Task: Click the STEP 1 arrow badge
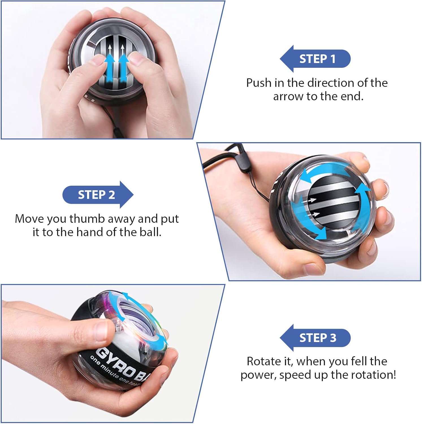(x=315, y=59)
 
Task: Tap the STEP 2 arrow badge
(x=98, y=195)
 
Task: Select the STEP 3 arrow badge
(x=315, y=338)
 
